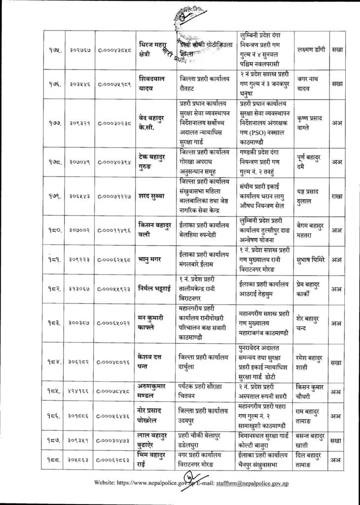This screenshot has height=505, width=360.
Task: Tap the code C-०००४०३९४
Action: [114, 161]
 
